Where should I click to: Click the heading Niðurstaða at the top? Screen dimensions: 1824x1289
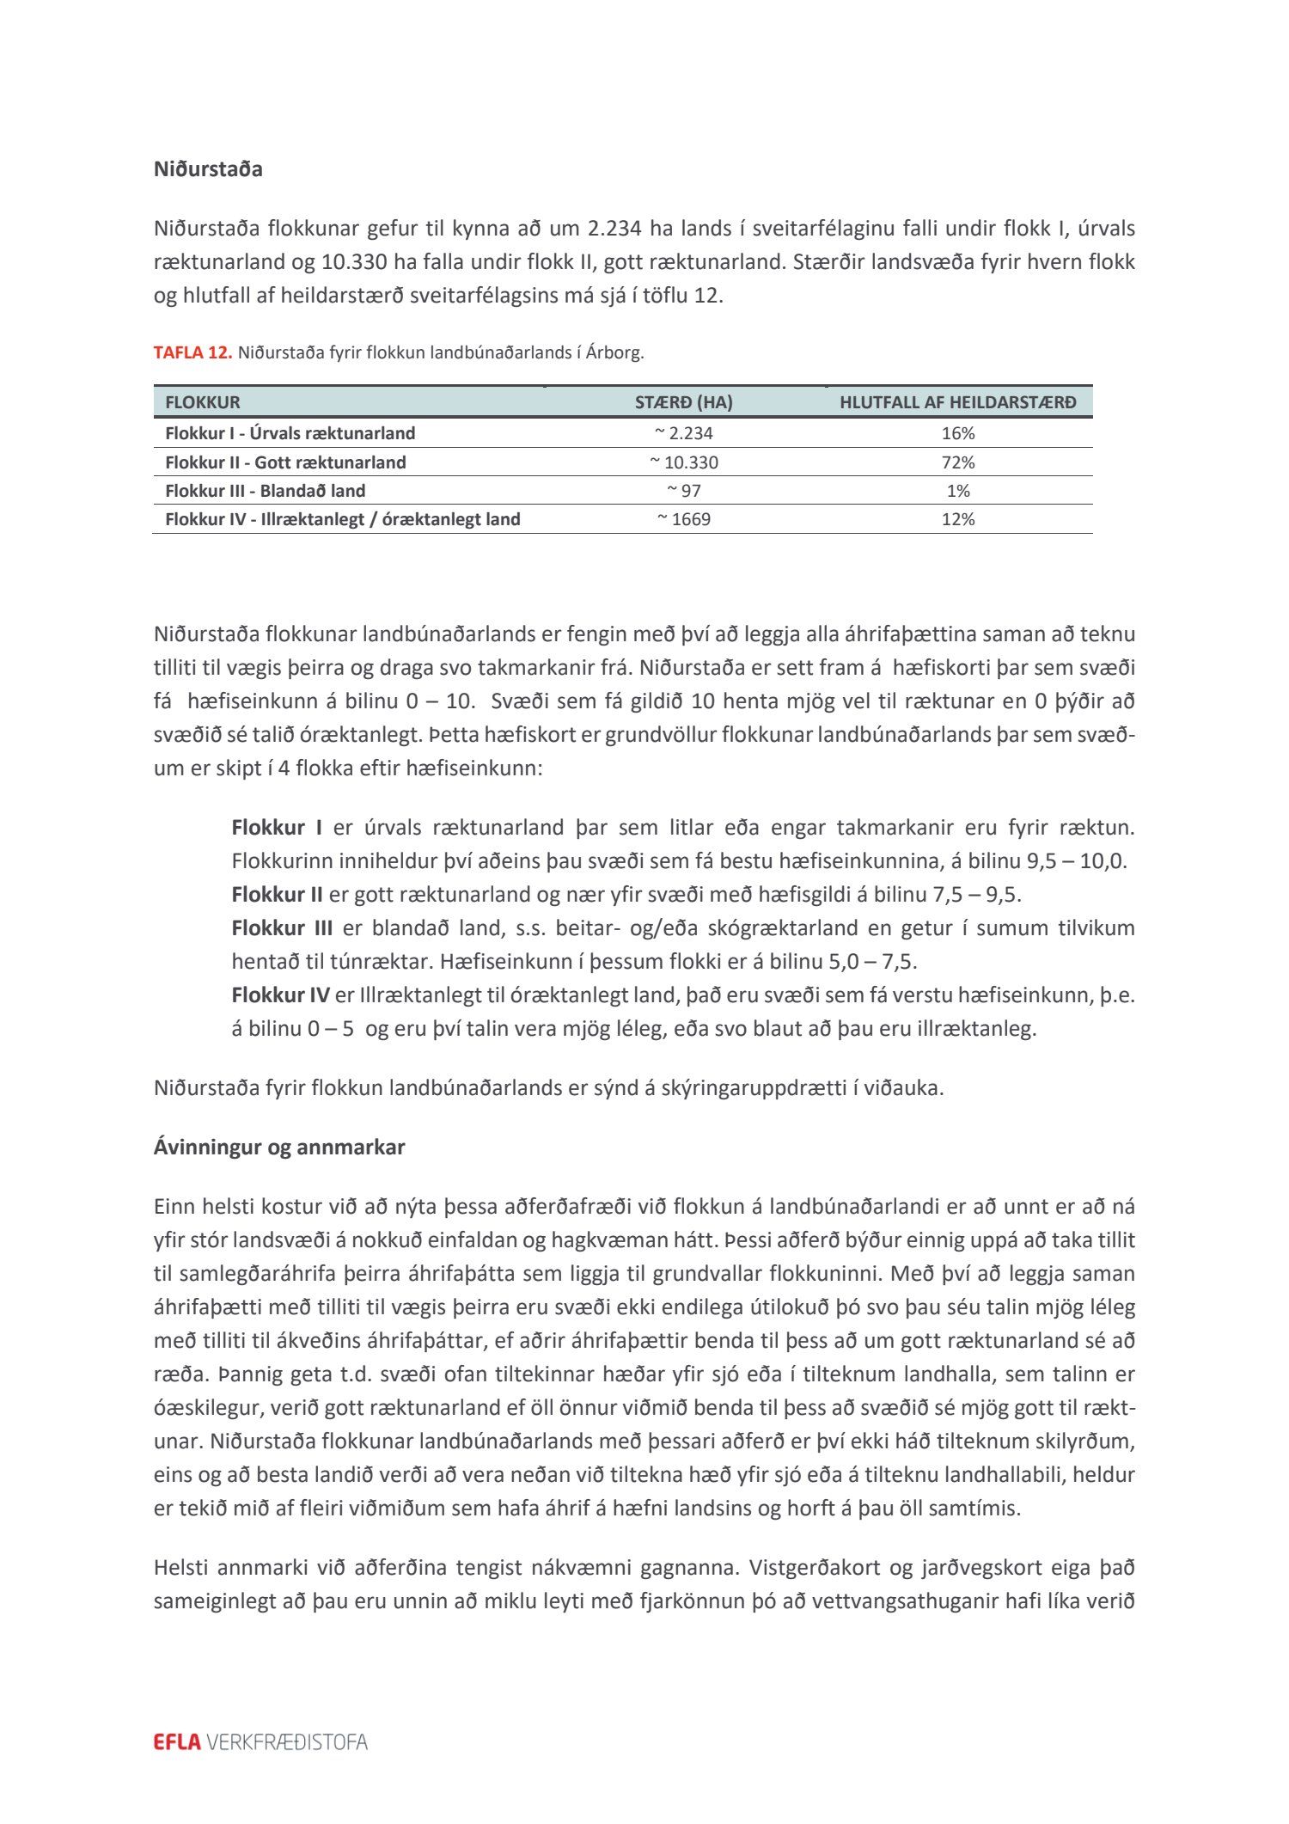(208, 169)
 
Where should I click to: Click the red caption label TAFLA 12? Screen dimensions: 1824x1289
(192, 352)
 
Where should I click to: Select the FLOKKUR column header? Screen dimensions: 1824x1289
(203, 402)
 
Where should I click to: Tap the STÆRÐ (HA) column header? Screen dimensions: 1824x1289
(683, 402)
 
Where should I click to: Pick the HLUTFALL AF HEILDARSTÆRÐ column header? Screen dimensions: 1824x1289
(957, 402)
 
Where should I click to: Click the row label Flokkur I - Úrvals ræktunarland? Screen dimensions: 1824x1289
(290, 433)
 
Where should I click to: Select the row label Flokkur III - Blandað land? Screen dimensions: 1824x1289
(265, 491)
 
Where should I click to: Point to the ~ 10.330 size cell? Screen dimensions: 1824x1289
(684, 462)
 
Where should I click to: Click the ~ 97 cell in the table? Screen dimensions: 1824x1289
(684, 491)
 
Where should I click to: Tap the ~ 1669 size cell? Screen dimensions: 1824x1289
(684, 519)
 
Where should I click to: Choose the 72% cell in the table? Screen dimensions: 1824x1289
(957, 462)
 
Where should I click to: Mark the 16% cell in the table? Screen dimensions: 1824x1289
(957, 433)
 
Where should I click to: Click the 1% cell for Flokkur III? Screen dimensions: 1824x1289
(957, 491)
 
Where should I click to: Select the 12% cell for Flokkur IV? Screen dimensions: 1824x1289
(957, 519)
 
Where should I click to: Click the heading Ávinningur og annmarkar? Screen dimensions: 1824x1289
(279, 1147)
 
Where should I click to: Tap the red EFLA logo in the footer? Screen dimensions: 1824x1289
(177, 1742)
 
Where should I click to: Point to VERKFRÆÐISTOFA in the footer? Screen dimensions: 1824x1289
(287, 1742)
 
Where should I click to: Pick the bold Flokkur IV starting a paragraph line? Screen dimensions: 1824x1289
(280, 995)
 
